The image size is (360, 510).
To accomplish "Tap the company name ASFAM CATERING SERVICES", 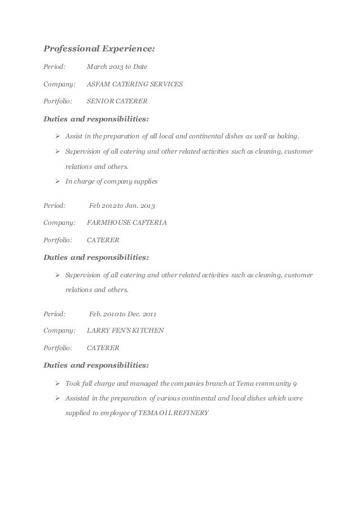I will (134, 84).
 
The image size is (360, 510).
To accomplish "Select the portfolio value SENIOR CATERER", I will (117, 102).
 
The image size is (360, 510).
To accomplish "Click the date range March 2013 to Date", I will (116, 67).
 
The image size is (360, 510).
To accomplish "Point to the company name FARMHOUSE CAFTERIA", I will (126, 222).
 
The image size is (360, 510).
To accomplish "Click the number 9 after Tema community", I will (294, 384).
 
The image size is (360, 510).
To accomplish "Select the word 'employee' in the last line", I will (115, 412).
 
